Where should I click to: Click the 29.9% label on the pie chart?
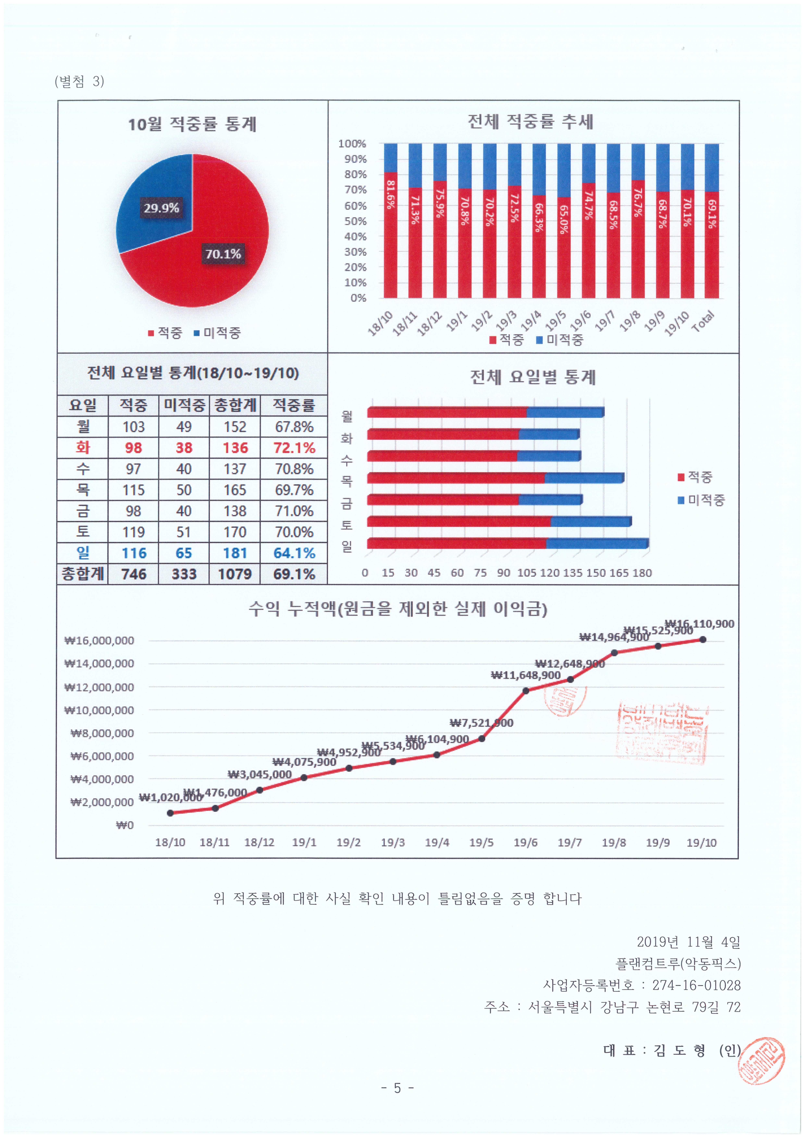tap(161, 208)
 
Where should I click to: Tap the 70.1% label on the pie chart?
tap(223, 254)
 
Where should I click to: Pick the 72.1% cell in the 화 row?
tap(294, 448)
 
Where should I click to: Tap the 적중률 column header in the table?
tap(294, 405)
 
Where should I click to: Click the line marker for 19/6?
tap(525, 691)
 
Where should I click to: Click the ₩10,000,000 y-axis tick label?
tap(99, 710)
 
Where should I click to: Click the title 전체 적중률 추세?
tap(531, 121)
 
